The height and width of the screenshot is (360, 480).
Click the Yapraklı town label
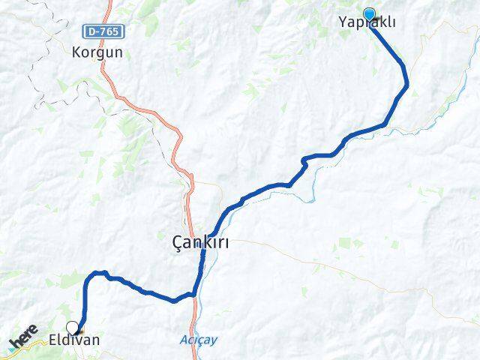[368, 23]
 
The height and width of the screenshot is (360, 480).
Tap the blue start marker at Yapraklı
[369, 13]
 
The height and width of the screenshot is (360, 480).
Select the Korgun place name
[97, 53]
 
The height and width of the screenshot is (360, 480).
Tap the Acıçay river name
[198, 340]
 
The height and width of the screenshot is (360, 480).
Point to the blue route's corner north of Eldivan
[92, 275]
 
